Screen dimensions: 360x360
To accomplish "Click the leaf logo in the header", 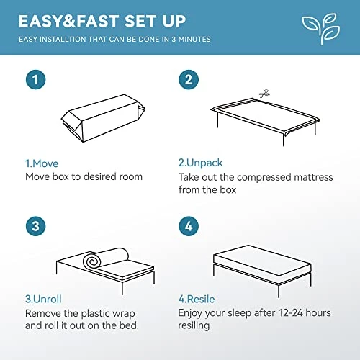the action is click(x=321, y=28).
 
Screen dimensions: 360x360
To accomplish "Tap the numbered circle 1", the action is click(x=35, y=80).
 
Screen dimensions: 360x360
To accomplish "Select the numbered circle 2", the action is click(x=189, y=80).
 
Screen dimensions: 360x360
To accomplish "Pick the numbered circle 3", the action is click(x=35, y=226).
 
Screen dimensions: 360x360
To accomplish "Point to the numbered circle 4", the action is click(x=189, y=226).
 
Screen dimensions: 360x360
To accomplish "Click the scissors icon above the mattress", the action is click(x=265, y=94).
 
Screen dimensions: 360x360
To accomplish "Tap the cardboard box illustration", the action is click(x=103, y=118).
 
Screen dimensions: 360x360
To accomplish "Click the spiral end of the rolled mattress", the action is click(x=91, y=261).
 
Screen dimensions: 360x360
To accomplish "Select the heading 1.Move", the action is click(x=42, y=163).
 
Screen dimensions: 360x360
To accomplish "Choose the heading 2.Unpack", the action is click(x=200, y=163).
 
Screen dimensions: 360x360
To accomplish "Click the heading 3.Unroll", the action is click(x=43, y=299).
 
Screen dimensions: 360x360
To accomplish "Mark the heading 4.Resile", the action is click(x=197, y=299).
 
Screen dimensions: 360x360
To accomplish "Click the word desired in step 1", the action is click(x=97, y=176).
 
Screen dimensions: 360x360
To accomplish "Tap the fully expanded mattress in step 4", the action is click(x=262, y=261).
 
